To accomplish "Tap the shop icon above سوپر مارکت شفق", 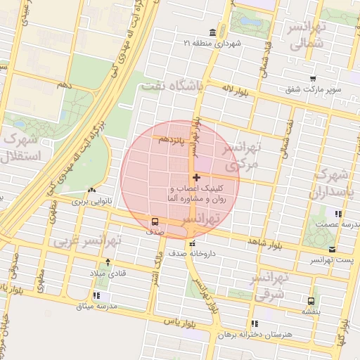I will point(312,79).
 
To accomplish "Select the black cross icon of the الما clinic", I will point(196,177).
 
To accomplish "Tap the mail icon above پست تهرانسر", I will point(331,250).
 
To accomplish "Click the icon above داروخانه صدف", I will point(193,243).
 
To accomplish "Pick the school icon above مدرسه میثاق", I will point(96,296).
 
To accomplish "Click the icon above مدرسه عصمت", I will point(338,214).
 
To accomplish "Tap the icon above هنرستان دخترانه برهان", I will point(254,323).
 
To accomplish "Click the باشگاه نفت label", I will point(171,86).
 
